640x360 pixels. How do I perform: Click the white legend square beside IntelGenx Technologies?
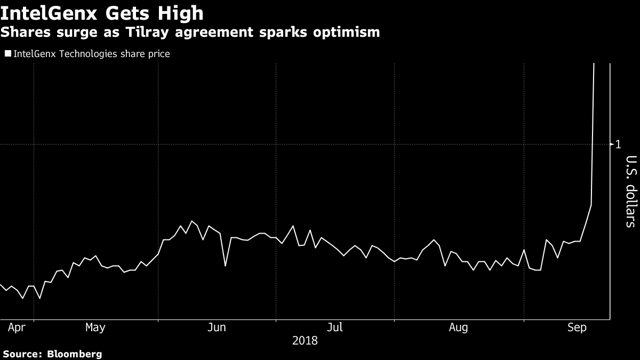[7, 54]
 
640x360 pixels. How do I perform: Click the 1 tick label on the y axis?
[618, 144]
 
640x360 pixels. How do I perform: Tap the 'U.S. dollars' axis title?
[630, 191]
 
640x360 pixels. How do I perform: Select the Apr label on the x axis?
[17, 327]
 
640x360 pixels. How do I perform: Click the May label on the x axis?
[95, 327]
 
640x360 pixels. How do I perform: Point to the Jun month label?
[216, 327]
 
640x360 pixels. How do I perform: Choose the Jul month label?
[334, 327]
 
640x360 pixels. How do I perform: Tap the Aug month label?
[458, 327]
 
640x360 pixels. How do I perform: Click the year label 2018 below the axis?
[305, 340]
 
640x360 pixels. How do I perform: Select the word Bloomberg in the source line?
[75, 354]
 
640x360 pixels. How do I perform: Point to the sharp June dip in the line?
[225, 266]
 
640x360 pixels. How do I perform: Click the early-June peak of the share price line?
[192, 221]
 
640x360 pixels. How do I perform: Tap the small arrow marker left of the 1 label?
[612, 144]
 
